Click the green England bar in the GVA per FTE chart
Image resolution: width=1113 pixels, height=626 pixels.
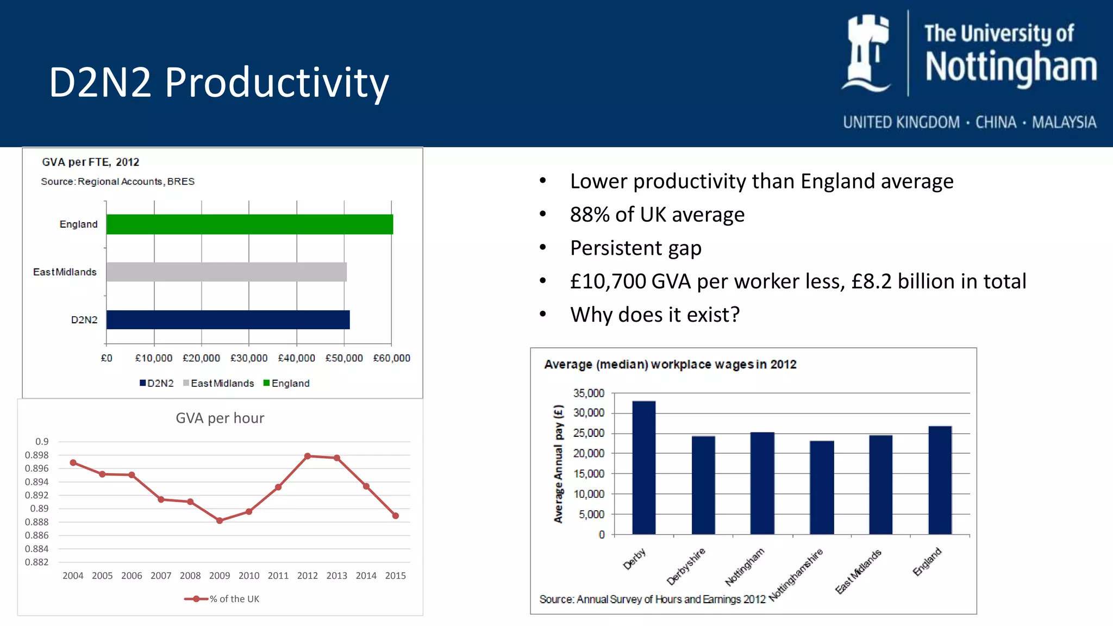tap(249, 224)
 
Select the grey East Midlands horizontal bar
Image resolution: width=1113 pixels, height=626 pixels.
tap(227, 272)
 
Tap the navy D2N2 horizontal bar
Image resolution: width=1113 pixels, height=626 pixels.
tap(228, 320)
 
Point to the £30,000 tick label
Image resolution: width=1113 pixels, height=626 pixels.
tap(249, 358)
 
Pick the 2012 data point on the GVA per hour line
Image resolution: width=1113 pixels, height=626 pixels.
tap(308, 456)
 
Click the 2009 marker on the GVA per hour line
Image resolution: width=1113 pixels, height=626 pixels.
tap(220, 521)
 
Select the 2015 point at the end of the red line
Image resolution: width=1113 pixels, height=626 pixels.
tap(396, 516)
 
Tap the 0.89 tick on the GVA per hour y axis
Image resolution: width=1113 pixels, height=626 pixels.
tap(39, 509)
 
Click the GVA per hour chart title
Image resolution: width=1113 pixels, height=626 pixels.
tap(220, 418)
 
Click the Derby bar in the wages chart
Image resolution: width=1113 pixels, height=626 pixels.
tap(644, 468)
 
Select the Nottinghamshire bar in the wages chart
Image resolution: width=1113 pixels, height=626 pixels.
tap(822, 487)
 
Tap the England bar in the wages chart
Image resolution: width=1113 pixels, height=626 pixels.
tap(940, 480)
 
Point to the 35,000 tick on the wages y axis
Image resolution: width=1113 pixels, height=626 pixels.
tap(589, 393)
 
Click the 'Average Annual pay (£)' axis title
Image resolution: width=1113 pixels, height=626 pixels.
tap(558, 464)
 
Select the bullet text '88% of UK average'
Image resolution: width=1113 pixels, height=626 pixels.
tap(657, 215)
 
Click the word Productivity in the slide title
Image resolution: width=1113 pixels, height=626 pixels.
tap(277, 83)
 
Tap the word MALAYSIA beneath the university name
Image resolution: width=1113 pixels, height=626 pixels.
tap(1064, 122)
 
